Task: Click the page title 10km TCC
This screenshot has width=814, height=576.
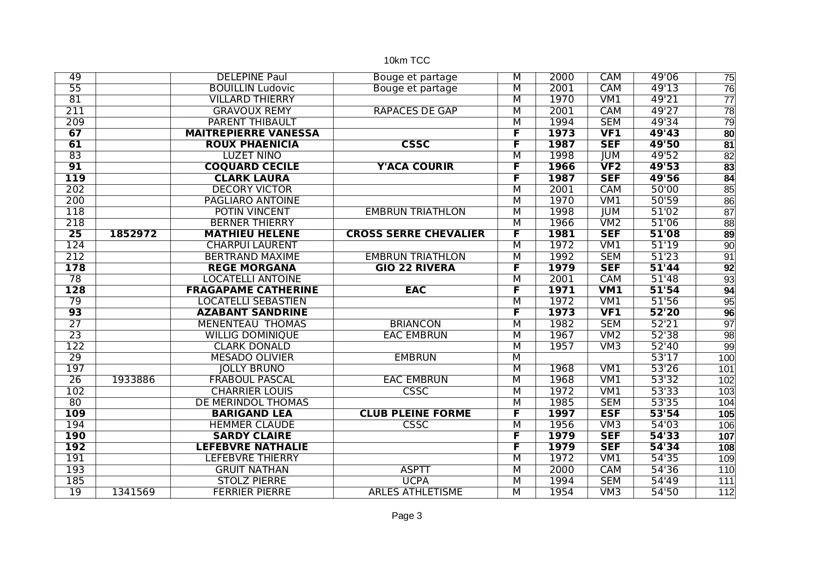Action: click(x=407, y=60)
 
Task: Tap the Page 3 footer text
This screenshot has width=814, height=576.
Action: click(x=407, y=516)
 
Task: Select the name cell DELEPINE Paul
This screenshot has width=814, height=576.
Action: click(x=252, y=77)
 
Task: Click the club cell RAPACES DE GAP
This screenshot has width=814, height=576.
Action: click(x=415, y=111)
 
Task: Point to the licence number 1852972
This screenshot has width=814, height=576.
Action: click(x=133, y=234)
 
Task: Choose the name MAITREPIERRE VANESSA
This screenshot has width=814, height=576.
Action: click(x=252, y=133)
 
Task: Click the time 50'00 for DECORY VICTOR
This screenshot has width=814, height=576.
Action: click(x=664, y=189)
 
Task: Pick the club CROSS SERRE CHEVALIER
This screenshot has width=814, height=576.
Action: click(x=415, y=234)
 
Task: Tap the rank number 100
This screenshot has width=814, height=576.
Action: click(x=726, y=358)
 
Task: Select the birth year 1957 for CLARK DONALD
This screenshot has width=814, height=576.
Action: click(x=561, y=346)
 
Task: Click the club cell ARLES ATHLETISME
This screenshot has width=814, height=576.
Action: click(x=415, y=492)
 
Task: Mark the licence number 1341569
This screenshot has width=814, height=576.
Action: click(x=133, y=492)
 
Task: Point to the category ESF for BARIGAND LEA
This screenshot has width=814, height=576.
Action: click(x=610, y=414)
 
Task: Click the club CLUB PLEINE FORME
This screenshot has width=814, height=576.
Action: click(x=415, y=414)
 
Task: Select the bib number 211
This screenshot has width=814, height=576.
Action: click(x=75, y=111)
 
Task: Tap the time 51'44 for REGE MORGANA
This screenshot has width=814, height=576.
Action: click(x=664, y=268)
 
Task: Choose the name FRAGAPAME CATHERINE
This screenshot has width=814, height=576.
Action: click(x=252, y=290)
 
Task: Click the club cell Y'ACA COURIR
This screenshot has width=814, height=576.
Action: click(x=415, y=167)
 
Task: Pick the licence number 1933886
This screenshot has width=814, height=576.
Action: click(x=133, y=380)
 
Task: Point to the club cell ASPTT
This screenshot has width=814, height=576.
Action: click(x=415, y=470)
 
